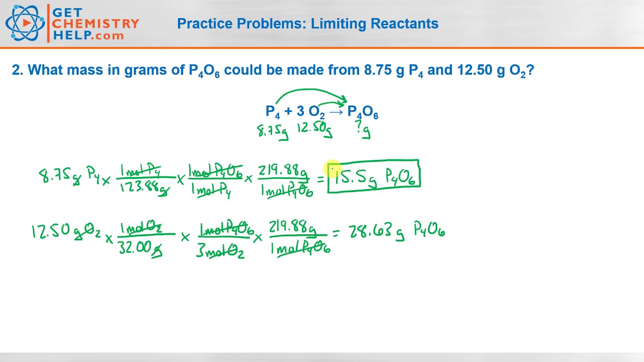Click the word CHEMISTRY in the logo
96,24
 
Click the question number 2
17,70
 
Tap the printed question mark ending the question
530,70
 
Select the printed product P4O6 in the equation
363,112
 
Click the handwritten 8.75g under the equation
272,131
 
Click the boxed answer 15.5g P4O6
374,176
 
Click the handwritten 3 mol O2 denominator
220,250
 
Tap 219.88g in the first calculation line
283,171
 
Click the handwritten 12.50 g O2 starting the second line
66,232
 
